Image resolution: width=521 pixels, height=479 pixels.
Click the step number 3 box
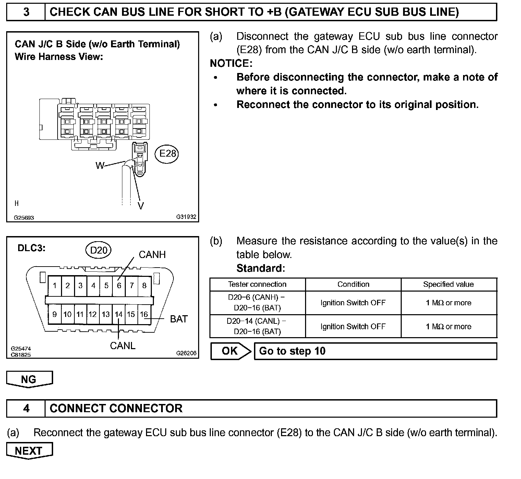26,12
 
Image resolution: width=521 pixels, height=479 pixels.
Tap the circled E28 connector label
167,153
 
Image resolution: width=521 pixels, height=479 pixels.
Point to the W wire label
100,166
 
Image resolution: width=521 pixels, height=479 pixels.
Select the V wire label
141,206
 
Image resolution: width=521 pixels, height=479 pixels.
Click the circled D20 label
98,250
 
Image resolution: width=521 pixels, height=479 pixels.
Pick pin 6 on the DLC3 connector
119,285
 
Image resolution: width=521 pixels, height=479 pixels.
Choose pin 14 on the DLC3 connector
118,314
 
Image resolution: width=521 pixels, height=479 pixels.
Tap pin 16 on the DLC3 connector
144,314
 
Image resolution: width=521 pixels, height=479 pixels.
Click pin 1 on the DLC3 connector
55,285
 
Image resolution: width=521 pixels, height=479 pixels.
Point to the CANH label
152,255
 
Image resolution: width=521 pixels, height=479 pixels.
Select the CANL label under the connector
123,346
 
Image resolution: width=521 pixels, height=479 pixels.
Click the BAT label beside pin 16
179,319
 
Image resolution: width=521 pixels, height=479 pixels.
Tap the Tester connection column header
257,284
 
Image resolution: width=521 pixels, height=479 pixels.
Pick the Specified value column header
448,284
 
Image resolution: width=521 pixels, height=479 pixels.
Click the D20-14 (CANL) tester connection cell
257,326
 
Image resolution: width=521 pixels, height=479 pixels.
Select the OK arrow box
230,351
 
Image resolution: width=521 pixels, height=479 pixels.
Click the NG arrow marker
29,379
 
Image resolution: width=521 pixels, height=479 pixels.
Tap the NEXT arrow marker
29,451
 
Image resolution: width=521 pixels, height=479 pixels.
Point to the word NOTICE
231,63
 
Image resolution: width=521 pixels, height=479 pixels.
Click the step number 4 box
26,408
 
